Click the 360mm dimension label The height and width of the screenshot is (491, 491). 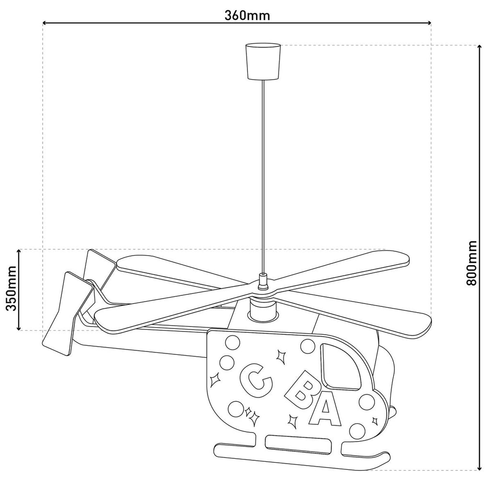[x=247, y=15]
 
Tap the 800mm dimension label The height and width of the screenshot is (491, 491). [x=471, y=263]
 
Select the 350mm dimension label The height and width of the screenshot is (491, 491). [x=12, y=288]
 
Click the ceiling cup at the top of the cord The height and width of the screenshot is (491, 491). [x=263, y=61]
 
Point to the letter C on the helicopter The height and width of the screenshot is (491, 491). [x=255, y=377]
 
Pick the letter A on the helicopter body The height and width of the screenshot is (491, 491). [x=325, y=409]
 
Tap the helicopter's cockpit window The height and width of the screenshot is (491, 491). [x=341, y=367]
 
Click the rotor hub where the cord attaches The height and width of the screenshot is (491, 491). [x=263, y=281]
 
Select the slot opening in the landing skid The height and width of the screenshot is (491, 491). [x=299, y=444]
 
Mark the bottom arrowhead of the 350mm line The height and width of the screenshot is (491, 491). [x=19, y=327]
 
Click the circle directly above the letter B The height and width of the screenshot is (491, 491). [x=307, y=346]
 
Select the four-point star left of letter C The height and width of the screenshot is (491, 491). [x=215, y=380]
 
